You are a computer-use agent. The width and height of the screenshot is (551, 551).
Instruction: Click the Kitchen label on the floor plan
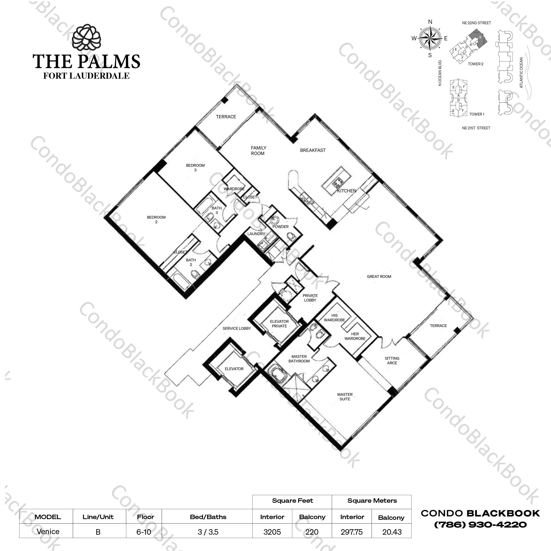click(x=347, y=191)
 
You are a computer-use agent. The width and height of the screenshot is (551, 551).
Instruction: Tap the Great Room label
click(x=379, y=276)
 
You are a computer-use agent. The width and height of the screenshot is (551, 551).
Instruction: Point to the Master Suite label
click(x=345, y=397)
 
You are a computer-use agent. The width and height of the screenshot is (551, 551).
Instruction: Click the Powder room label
click(x=281, y=227)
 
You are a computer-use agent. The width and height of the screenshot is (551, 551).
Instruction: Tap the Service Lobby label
click(x=237, y=328)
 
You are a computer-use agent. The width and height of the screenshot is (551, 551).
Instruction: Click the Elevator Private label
click(x=279, y=324)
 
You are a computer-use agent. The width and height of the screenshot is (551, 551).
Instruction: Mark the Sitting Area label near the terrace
click(x=392, y=361)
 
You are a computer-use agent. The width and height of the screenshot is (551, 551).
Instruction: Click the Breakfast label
click(x=313, y=150)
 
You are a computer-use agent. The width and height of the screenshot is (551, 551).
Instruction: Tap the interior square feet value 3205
click(x=272, y=532)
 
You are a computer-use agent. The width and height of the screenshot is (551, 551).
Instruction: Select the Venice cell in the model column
click(x=48, y=532)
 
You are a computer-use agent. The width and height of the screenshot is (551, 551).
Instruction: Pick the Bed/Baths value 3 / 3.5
click(x=208, y=532)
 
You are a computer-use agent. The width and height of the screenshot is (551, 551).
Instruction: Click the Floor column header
click(x=145, y=517)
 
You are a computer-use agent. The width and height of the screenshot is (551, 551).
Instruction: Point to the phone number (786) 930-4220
click(x=480, y=524)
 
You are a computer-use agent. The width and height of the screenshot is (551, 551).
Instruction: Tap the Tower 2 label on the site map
click(x=476, y=64)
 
